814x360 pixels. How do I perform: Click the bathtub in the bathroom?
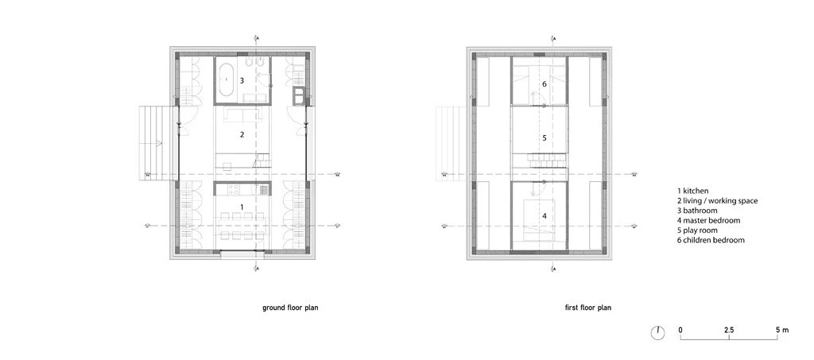(x=227, y=80)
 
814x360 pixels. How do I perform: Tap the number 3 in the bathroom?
(x=242, y=80)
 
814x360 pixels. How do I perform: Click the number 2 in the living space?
(x=242, y=135)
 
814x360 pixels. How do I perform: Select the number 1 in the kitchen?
(x=242, y=207)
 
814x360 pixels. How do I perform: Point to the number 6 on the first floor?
(x=544, y=83)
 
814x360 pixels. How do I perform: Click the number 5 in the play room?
(x=544, y=137)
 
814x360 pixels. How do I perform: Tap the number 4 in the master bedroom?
(x=544, y=215)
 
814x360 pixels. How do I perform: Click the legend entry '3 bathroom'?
(x=697, y=211)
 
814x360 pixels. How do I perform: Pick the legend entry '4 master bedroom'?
(x=708, y=220)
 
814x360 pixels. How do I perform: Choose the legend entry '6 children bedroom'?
(x=711, y=239)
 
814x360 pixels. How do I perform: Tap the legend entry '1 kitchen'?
(x=693, y=192)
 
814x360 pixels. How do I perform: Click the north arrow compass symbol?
(x=657, y=333)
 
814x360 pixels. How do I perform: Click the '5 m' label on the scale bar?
(x=782, y=329)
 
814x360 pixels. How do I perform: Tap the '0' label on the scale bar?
(x=680, y=329)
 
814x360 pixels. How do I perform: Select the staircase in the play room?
(x=544, y=161)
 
